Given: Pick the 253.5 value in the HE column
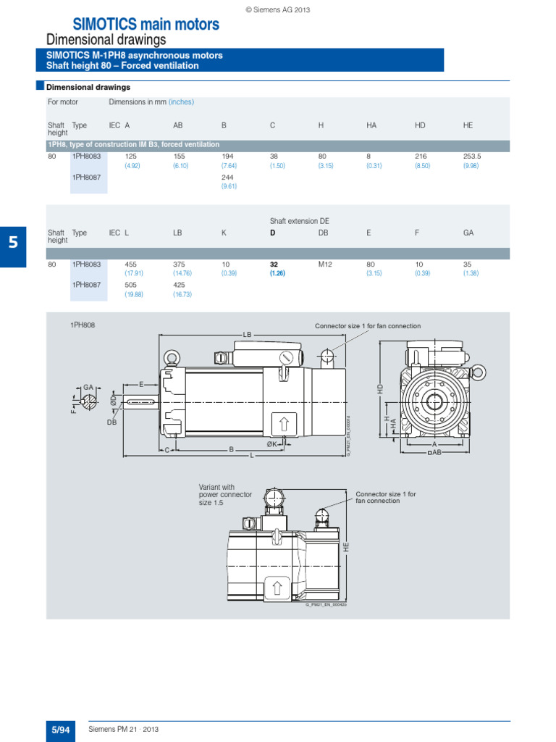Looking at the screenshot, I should (472, 156).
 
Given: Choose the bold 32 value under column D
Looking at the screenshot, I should (274, 264).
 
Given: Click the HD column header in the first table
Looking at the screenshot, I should (420, 125).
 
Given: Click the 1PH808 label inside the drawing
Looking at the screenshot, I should (83, 325).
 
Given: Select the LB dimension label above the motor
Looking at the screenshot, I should (247, 335).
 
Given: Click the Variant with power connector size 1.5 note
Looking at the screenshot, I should (225, 494).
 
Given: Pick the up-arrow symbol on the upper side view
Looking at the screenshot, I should (283, 424).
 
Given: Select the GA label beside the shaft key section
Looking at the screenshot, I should (89, 388).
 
